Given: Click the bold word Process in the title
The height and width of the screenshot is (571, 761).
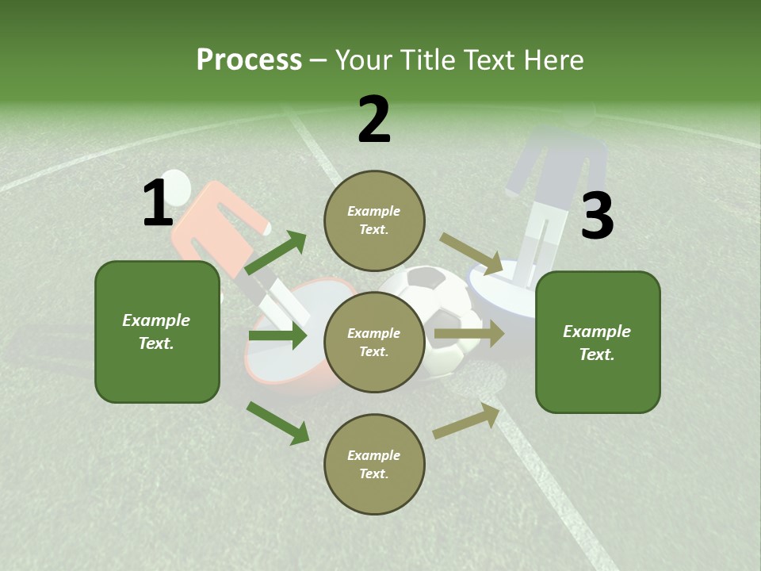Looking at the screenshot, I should (249, 60).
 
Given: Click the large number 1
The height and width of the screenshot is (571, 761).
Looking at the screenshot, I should (157, 203).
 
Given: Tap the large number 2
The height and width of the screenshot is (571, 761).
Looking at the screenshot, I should (374, 120).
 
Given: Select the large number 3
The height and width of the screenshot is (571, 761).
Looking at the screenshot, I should (597, 217).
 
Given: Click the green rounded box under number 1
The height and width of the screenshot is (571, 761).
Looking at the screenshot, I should (157, 331).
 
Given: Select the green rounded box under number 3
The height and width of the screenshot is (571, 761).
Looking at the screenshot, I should (598, 342).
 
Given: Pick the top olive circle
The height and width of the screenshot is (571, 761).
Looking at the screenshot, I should (374, 220).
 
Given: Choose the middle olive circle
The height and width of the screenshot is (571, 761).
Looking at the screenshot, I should (374, 342).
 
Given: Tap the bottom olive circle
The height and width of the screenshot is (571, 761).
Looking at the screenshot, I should (374, 464).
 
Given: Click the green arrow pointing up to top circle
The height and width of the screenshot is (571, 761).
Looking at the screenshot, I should (275, 253).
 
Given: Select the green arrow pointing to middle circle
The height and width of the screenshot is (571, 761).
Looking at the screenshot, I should (277, 335).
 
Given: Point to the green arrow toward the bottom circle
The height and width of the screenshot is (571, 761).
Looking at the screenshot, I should (278, 423).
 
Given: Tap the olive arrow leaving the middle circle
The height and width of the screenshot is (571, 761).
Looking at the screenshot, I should (468, 334).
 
